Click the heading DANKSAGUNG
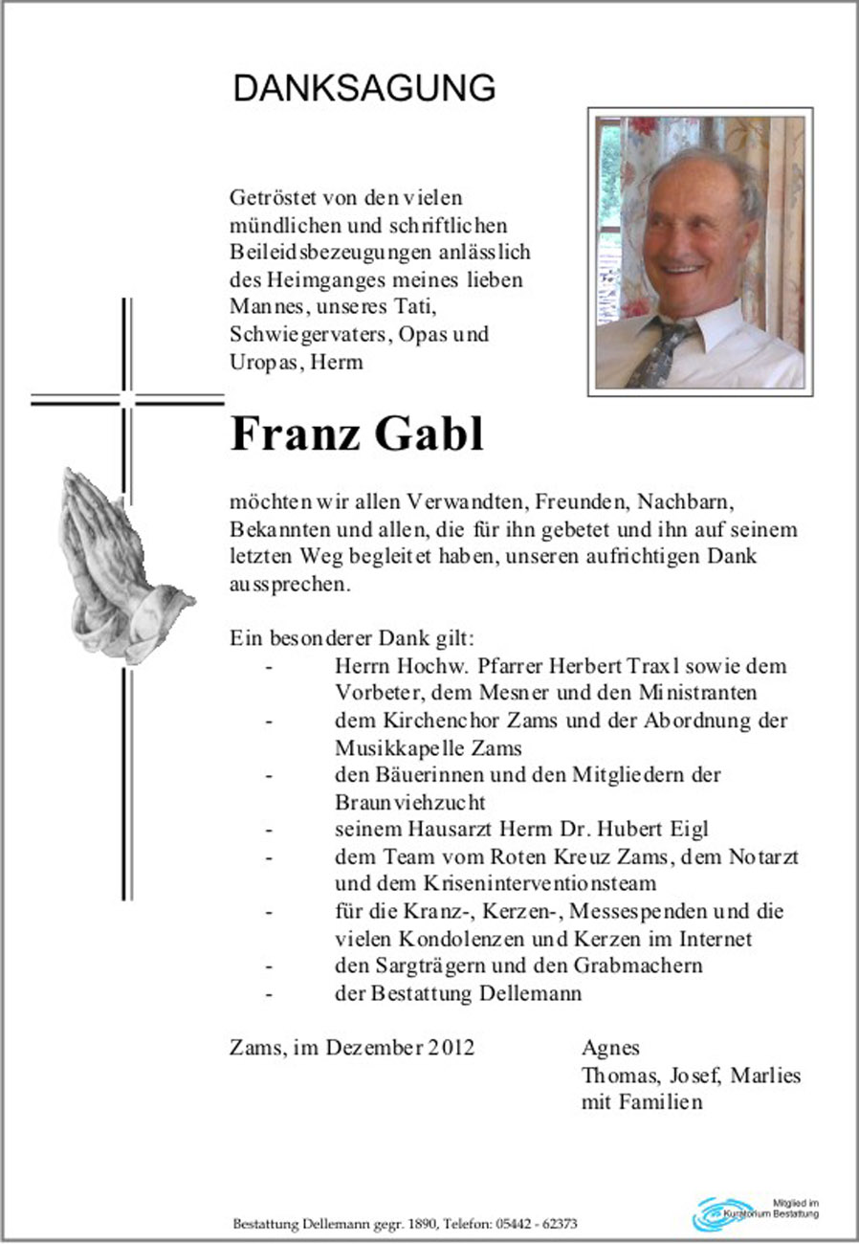coord(363,88)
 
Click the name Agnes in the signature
coord(610,1048)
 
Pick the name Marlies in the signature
coord(765,1075)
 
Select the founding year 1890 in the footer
coord(422,1224)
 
